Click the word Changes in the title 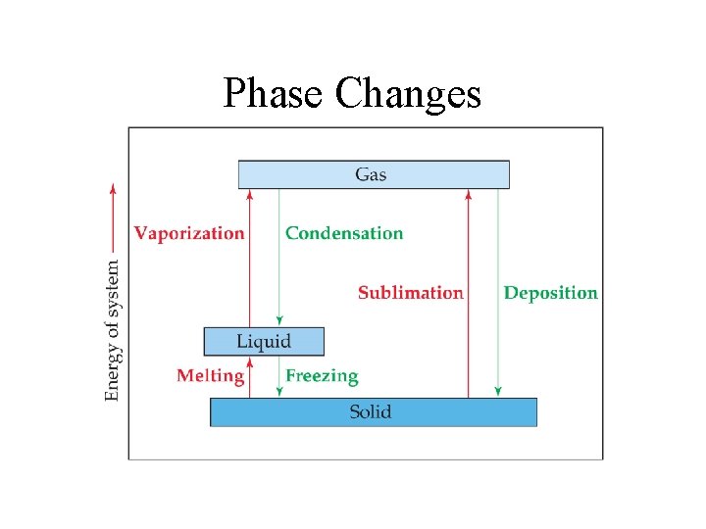coord(408,95)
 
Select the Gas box coord(374,174)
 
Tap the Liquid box coord(263,341)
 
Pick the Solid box coord(374,411)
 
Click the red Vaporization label coord(189,233)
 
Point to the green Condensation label coord(344,233)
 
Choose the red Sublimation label coord(410,292)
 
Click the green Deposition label coord(550,292)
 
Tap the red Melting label coord(210,375)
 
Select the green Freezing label coord(322,375)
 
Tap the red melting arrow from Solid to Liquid coord(250,377)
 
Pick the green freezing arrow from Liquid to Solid coord(279,377)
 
